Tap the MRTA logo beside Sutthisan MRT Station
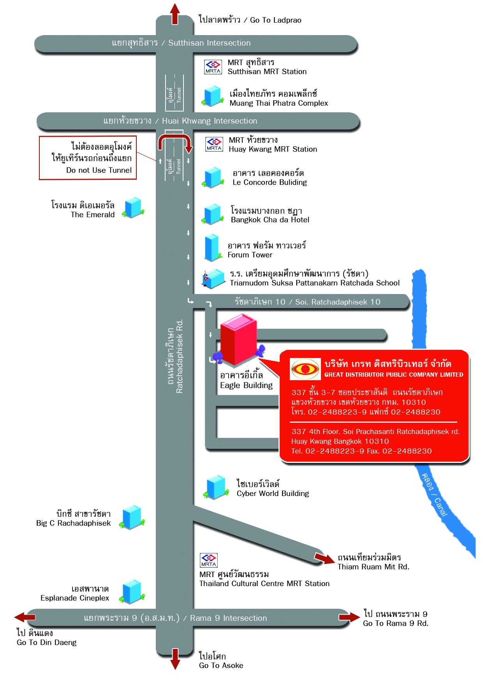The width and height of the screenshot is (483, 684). point(213,67)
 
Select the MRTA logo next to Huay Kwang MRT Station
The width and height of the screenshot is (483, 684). point(214,144)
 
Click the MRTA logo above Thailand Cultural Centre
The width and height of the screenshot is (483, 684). point(208,560)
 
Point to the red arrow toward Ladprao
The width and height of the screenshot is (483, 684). point(175,14)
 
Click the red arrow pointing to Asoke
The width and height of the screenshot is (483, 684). point(175,659)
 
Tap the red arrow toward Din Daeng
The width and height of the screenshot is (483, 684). point(25,617)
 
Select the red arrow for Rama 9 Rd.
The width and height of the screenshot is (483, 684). point(349,617)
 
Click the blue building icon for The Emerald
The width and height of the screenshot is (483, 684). point(133,207)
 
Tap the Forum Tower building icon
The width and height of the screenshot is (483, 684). point(213,247)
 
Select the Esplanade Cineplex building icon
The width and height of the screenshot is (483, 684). point(132,592)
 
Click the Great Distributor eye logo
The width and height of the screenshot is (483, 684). point(305,369)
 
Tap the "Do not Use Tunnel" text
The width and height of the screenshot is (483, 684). point(99,170)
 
